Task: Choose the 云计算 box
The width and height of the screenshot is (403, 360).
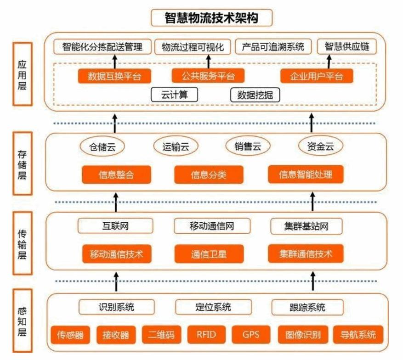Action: tap(174, 95)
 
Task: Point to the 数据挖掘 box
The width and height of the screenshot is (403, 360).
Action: tap(255, 95)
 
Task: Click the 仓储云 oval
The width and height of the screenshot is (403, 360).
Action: tap(102, 146)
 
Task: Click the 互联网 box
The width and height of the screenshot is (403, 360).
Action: tap(115, 226)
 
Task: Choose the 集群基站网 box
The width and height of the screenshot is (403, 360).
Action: tap(307, 226)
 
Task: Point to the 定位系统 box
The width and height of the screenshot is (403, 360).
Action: tap(214, 307)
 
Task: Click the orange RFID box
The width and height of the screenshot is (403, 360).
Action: tap(205, 334)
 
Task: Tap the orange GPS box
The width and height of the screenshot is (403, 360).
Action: tap(250, 334)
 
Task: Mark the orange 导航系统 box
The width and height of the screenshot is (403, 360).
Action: tap(358, 334)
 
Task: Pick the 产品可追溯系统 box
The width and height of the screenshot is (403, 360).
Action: tap(273, 47)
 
